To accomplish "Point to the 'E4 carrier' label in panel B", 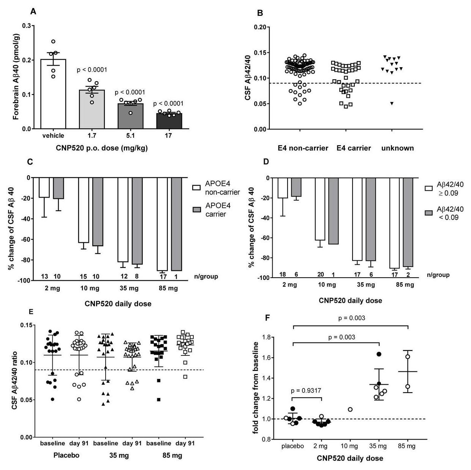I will pyautogui.click(x=354, y=148).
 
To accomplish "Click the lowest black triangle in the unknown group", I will pyautogui.click(x=392, y=103).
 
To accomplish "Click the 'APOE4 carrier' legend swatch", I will pyautogui.click(x=197, y=210).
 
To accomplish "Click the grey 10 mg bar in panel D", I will pyautogui.click(x=333, y=211).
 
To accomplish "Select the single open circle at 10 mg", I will pyautogui.click(x=350, y=409).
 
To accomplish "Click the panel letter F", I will pyautogui.click(x=267, y=317).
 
